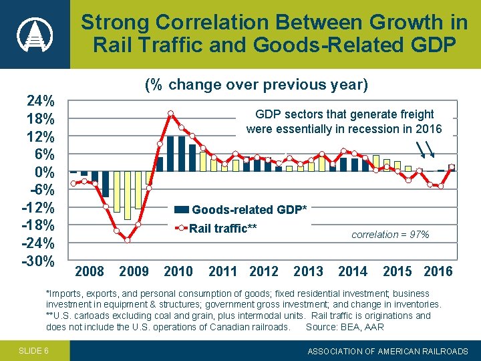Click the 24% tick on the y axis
[40, 102]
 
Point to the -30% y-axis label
[38, 260]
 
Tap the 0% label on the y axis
[44, 172]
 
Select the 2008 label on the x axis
[90, 271]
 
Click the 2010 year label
[178, 271]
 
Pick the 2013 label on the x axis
[308, 271]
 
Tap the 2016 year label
[438, 271]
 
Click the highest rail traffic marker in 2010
[171, 113]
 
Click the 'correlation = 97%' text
[390, 235]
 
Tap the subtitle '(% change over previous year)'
[257, 85]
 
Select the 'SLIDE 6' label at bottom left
[33, 350]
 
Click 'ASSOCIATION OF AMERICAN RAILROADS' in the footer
[388, 350]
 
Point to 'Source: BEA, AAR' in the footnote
[345, 327]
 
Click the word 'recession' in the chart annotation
[382, 128]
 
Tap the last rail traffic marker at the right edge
[452, 166]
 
